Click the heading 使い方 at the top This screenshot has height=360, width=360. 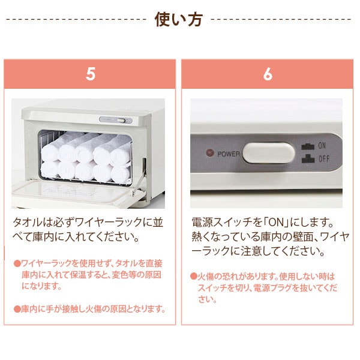coord(179,19)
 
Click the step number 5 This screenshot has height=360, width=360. coord(90,74)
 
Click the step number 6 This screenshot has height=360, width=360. coord(268,74)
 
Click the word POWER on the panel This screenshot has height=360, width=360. coord(229,154)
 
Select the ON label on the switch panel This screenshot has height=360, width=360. coord(322,146)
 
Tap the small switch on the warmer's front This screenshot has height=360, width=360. coord(124,120)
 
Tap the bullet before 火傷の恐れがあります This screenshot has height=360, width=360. coord(194,277)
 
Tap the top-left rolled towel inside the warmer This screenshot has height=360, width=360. coord(50,146)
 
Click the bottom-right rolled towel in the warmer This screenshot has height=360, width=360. coord(120,174)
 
